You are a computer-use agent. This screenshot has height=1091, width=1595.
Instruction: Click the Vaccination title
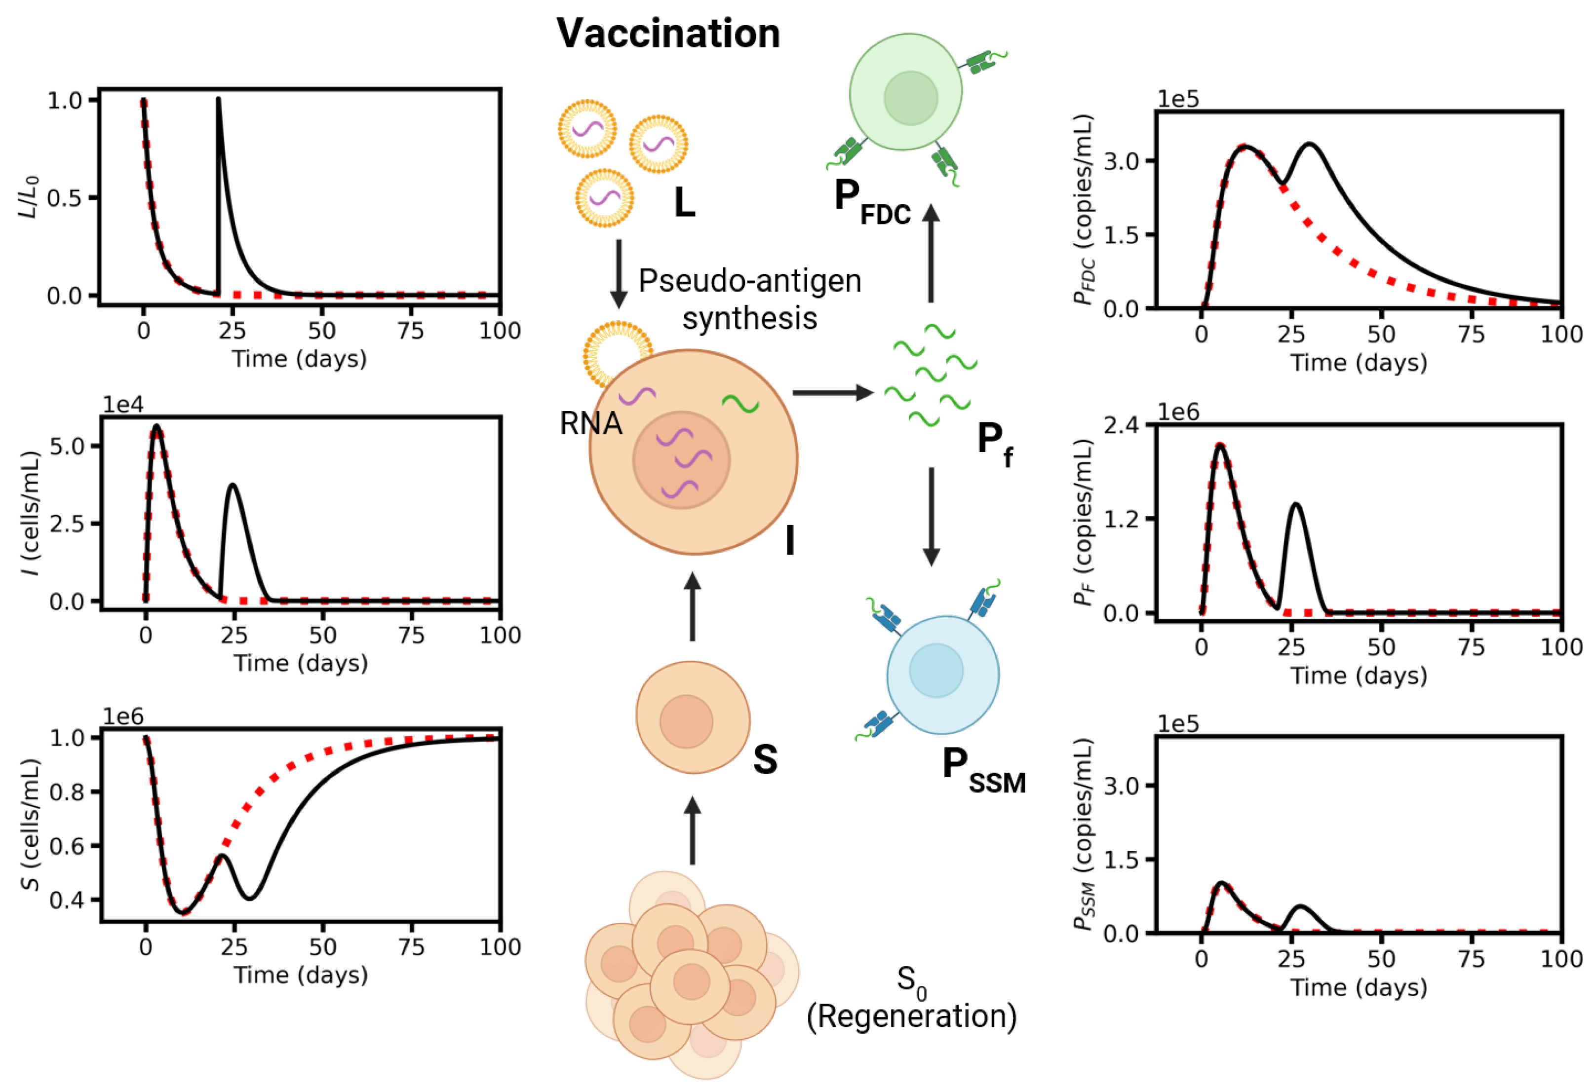(668, 33)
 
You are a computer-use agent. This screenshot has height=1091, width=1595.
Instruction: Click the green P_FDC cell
(905, 93)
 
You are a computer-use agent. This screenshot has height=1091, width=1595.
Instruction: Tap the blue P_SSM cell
(942, 675)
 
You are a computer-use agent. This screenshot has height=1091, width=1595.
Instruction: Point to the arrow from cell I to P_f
(832, 392)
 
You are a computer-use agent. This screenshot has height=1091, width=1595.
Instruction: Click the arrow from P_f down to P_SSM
(931, 517)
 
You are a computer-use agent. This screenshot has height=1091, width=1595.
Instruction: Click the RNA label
(590, 423)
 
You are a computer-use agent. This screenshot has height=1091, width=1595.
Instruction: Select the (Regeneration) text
(911, 1016)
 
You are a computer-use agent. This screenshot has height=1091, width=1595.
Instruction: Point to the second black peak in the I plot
(233, 486)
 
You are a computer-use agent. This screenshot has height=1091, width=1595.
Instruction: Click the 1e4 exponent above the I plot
(123, 405)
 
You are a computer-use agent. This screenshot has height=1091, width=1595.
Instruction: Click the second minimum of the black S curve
(250, 898)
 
